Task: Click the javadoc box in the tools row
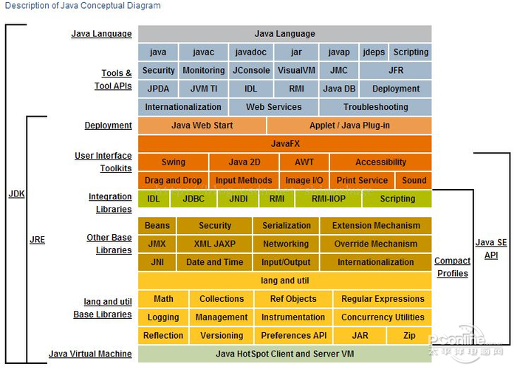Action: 251,52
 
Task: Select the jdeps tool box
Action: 374,52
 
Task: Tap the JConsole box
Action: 251,71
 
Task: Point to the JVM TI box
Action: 204,89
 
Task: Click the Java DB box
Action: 339,89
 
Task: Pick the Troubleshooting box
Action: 375,107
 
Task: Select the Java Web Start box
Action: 202,126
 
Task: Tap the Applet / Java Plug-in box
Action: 349,126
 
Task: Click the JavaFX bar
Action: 285,144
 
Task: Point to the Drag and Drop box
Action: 174,180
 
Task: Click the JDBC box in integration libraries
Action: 194,199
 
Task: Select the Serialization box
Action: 287,226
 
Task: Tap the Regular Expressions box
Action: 383,299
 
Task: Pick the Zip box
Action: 409,335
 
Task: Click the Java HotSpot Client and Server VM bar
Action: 285,354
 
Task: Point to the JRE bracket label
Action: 37,240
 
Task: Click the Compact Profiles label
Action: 452,267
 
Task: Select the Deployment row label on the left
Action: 108,126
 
